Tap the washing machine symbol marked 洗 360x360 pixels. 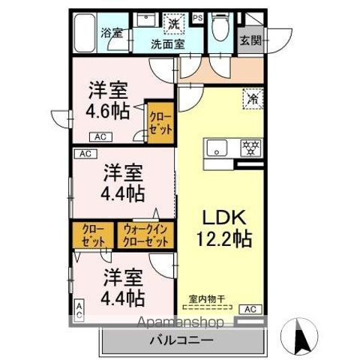tap(174, 23)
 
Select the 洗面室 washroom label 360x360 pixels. tap(169, 43)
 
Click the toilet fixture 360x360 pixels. tap(220, 29)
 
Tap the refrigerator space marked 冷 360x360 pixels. tap(253, 97)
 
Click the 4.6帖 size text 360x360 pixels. tap(106, 111)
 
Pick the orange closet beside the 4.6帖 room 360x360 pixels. tap(160, 121)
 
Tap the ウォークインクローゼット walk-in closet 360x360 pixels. tap(145, 235)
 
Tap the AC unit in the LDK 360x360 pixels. tap(251, 309)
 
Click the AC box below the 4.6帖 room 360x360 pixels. tap(100, 136)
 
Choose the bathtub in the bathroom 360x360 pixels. tap(85, 32)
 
